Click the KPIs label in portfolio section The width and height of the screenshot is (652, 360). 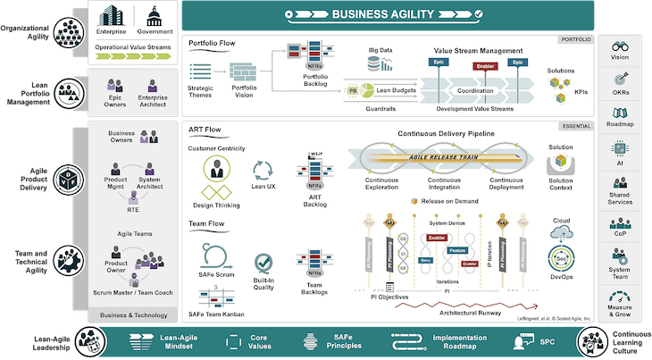581,93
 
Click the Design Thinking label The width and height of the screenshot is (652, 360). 215,205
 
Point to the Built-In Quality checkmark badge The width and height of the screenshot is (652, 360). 263,265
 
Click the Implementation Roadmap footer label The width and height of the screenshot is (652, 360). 437,342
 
